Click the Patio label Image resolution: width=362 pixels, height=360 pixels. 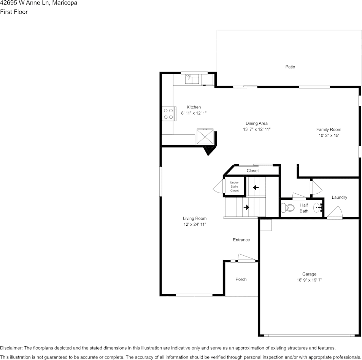pos(290,67)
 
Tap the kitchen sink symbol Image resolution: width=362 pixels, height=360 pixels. pos(192,80)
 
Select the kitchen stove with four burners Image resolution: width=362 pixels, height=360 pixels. pos(168,113)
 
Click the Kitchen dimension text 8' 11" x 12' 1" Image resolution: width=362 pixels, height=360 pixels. pos(194,113)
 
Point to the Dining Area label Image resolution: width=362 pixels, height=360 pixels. pos(256,123)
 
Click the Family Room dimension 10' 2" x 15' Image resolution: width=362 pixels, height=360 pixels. pos(329,135)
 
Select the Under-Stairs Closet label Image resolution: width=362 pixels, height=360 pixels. pos(234,186)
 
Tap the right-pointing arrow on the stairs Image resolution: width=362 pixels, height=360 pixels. pos(246,207)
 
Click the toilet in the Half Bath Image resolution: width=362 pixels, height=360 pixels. pos(287,208)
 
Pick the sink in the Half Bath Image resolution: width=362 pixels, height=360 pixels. pos(318,208)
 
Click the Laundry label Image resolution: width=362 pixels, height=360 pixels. pos(339,197)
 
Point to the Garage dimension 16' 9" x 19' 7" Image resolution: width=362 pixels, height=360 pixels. pos(309,280)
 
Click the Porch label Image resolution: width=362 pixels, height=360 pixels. pos(241,279)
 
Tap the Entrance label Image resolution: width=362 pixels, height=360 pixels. pos(241,240)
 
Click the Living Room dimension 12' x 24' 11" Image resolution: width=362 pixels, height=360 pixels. pos(195,225)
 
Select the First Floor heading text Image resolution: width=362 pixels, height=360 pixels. pos(14,12)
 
